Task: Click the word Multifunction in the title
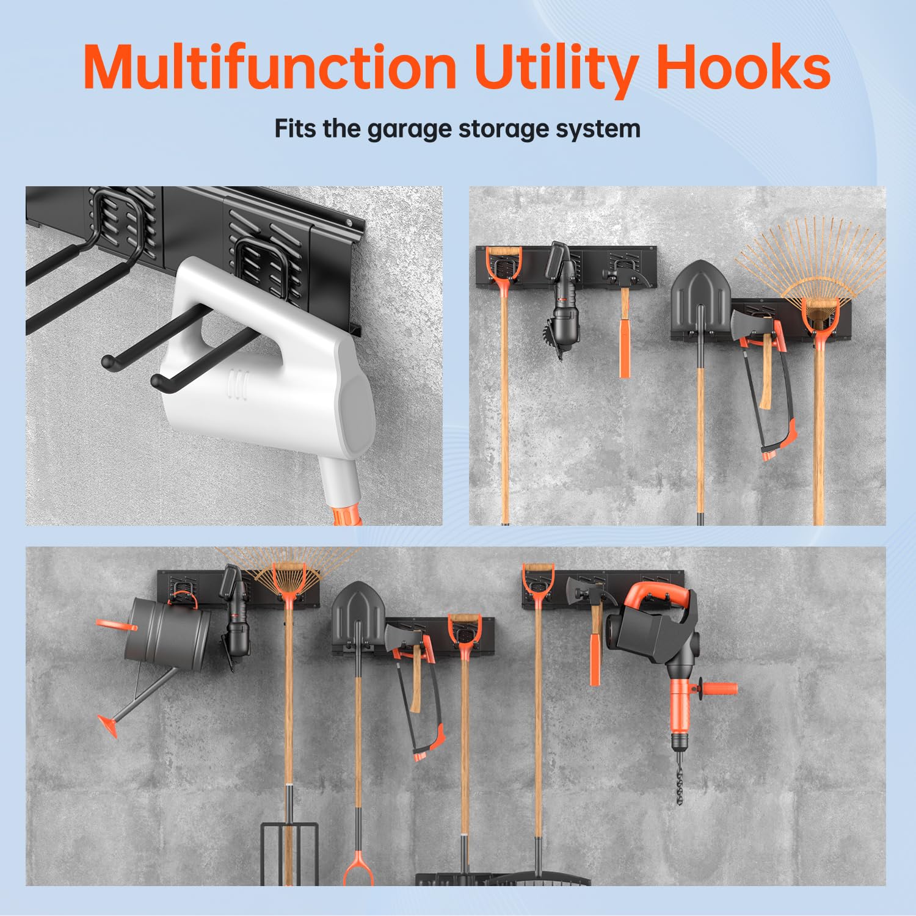(270, 67)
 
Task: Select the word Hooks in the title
(743, 67)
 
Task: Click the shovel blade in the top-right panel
(701, 299)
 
